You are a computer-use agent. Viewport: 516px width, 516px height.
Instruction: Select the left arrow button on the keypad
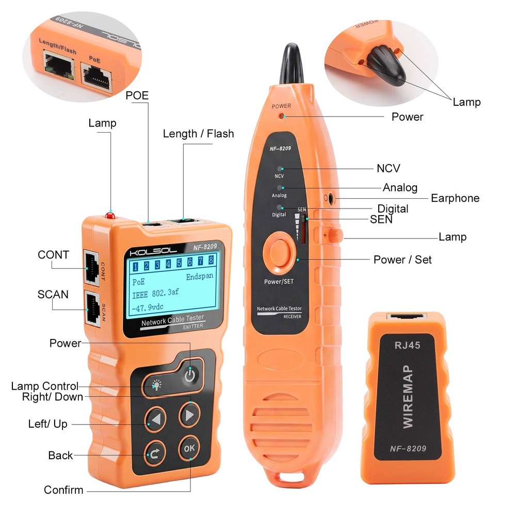click(155, 417)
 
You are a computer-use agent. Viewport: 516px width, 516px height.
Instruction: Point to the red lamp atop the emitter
click(109, 215)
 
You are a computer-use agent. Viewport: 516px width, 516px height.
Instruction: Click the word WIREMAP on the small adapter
click(408, 396)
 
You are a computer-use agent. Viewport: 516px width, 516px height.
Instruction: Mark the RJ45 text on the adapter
click(407, 345)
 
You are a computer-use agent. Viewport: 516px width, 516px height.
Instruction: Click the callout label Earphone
click(455, 198)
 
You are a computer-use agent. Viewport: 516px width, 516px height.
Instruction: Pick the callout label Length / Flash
click(198, 134)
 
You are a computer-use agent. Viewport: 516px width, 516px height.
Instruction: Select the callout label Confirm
click(63, 490)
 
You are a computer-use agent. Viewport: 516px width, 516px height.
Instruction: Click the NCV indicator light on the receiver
click(280, 169)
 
